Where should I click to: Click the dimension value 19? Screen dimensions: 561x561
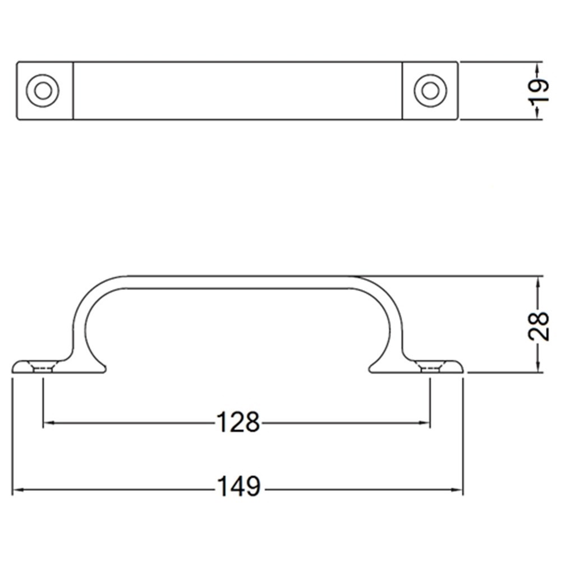[538, 91]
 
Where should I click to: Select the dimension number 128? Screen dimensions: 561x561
[238, 423]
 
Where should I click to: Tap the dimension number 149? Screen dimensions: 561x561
[239, 487]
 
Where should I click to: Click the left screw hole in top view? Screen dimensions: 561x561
[43, 90]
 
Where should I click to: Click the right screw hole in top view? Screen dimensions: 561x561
[430, 90]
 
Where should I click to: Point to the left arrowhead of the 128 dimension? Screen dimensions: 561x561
[48, 423]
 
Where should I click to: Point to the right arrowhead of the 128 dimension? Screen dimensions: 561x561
[425, 423]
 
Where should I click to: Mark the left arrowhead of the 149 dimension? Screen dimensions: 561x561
[17, 490]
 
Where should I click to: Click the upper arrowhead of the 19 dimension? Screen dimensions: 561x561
[537, 67]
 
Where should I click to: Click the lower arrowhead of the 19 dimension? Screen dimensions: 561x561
[537, 114]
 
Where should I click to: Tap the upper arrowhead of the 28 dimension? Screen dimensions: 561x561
[537, 280]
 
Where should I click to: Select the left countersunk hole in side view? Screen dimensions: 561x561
[43, 367]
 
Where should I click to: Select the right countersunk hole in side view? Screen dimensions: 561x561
[430, 367]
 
